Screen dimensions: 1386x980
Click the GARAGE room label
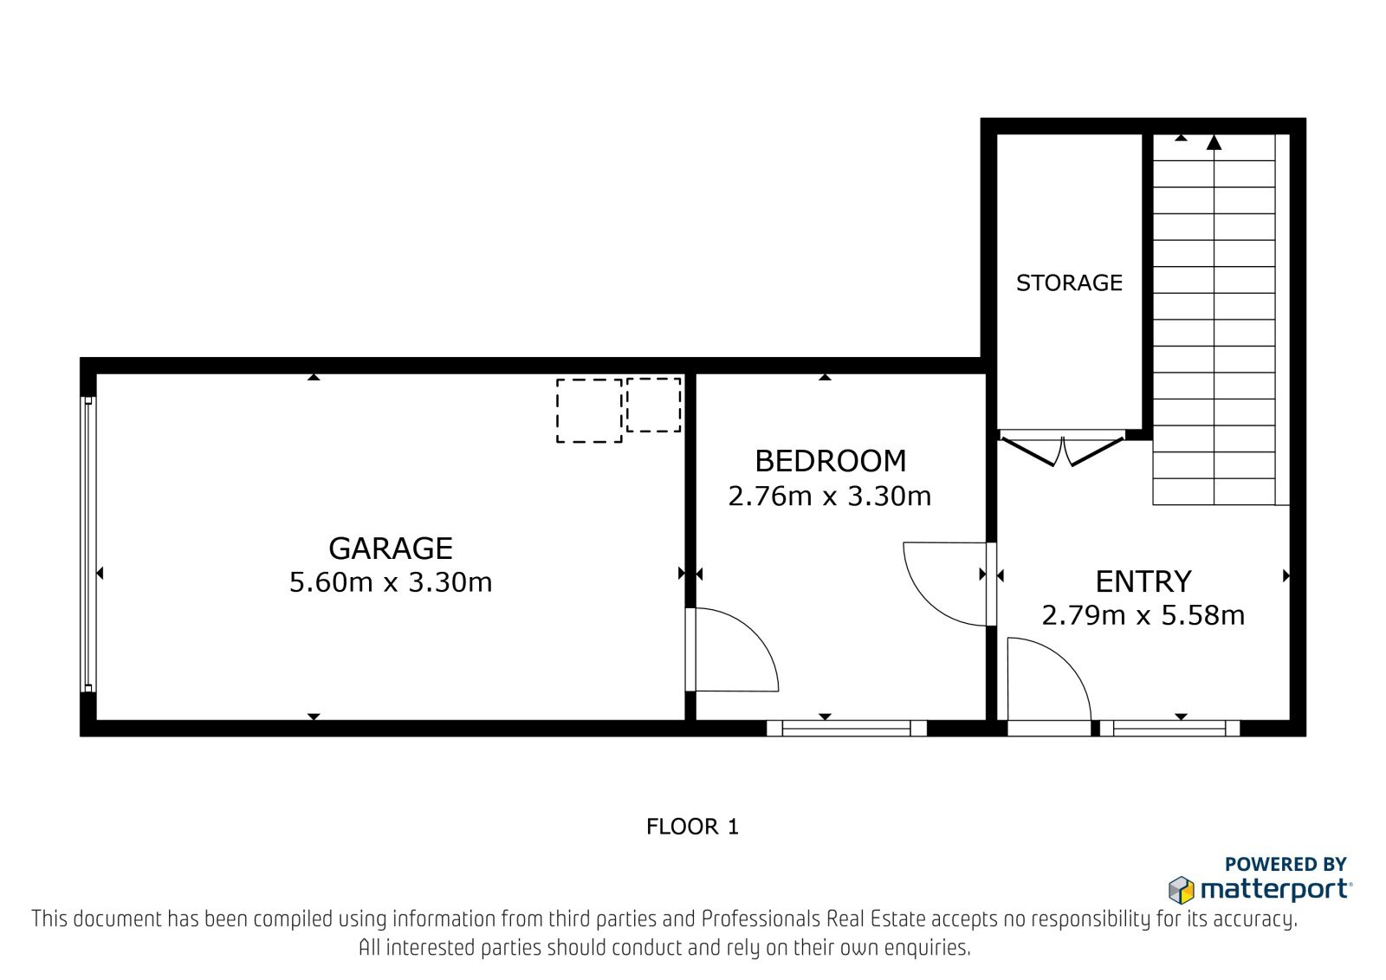(391, 548)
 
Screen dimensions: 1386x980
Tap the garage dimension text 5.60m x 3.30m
(391, 582)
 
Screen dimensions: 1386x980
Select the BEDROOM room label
(831, 461)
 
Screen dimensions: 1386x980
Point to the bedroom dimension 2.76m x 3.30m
(829, 496)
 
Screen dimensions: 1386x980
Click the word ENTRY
(1143, 582)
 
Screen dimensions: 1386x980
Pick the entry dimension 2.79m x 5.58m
(1143, 616)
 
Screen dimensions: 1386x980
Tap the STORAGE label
(1069, 283)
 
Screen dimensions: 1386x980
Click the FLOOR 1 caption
(692, 827)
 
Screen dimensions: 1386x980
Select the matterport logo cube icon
(1181, 890)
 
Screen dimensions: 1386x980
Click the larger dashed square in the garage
(589, 411)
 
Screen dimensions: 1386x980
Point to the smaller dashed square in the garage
(653, 405)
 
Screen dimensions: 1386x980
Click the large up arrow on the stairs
(1214, 143)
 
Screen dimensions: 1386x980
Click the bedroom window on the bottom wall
(846, 728)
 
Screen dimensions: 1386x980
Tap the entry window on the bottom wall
(1169, 728)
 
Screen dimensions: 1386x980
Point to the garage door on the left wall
(87, 544)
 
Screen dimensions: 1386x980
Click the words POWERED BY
(1286, 864)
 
